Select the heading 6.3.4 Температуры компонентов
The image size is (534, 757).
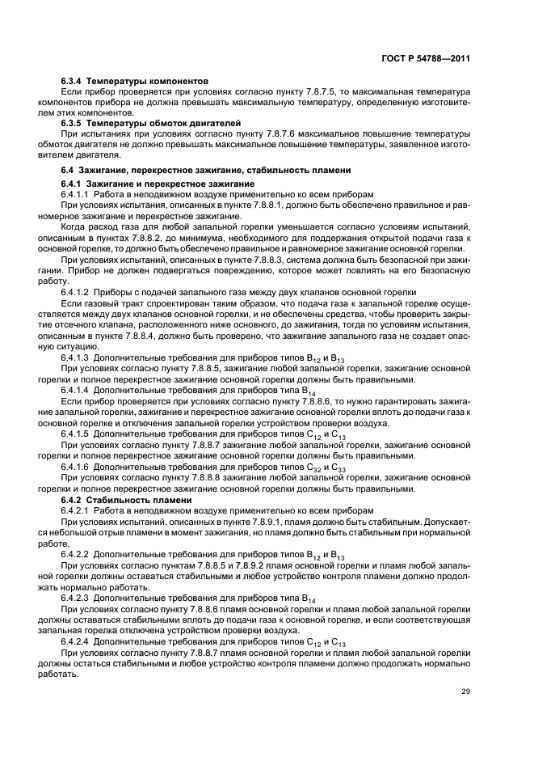point(135,82)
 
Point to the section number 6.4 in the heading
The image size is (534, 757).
point(68,171)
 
